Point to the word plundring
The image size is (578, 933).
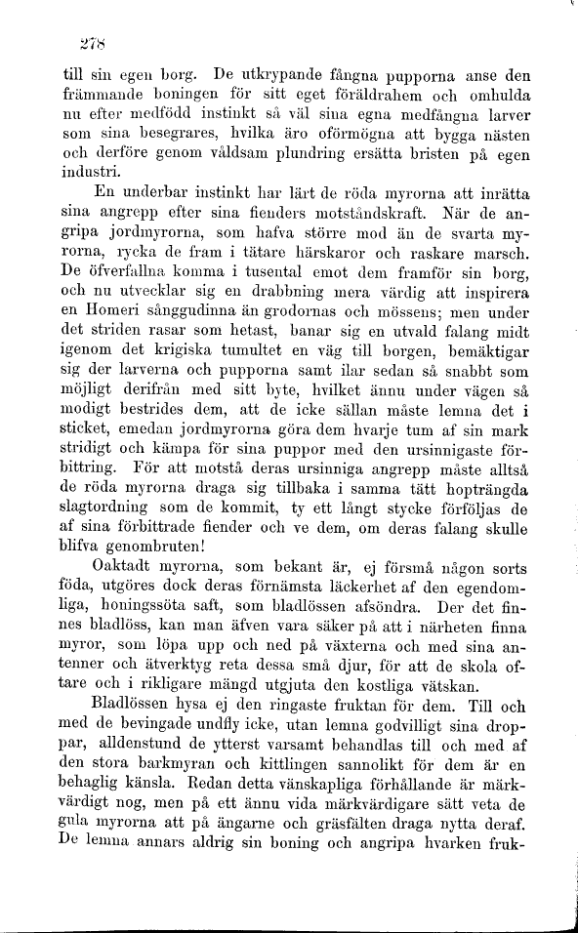tap(296, 152)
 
